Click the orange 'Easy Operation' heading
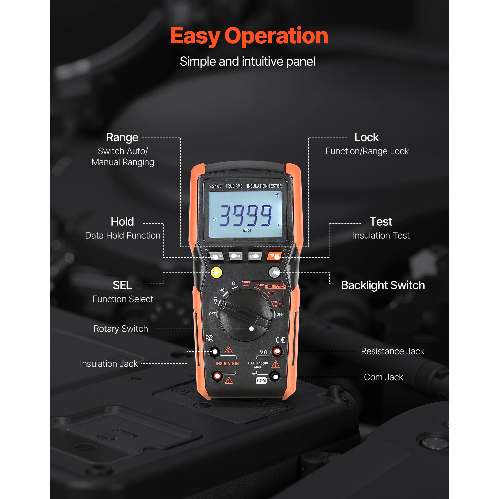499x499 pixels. pyautogui.click(x=249, y=36)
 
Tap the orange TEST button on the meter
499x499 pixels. pyautogui.click(x=274, y=256)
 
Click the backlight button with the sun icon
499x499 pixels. pyautogui.click(x=274, y=272)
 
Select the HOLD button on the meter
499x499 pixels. pyautogui.click(x=216, y=256)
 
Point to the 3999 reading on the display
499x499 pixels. pyautogui.click(x=246, y=215)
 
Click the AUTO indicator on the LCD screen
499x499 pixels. pyautogui.click(x=247, y=230)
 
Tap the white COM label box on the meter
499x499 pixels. pyautogui.click(x=261, y=381)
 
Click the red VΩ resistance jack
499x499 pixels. pyautogui.click(x=277, y=351)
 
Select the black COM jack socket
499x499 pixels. pyautogui.click(x=275, y=376)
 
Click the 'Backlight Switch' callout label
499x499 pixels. pyautogui.click(x=383, y=285)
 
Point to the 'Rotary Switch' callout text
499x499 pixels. pyautogui.click(x=121, y=329)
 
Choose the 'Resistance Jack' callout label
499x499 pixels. pyautogui.click(x=392, y=351)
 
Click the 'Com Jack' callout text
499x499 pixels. pyautogui.click(x=383, y=377)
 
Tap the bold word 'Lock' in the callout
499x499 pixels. pyautogui.click(x=367, y=137)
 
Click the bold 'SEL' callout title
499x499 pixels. pyautogui.click(x=122, y=285)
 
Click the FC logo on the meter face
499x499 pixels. pyautogui.click(x=209, y=338)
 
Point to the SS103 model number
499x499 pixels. pyautogui.click(x=215, y=186)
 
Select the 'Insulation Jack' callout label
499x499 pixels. pyautogui.click(x=109, y=364)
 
